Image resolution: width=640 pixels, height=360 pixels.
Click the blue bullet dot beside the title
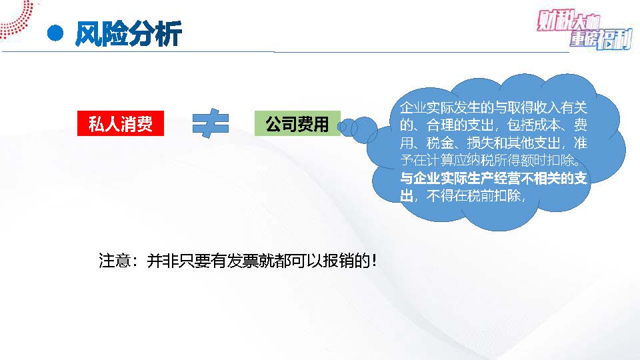point(55,33)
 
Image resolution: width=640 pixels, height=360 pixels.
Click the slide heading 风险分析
point(128,33)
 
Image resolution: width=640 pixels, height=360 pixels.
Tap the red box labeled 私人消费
point(121,123)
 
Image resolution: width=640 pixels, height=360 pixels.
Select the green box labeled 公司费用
point(297,123)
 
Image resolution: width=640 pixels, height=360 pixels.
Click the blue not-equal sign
point(210,123)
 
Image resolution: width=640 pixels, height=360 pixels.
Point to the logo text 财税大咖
point(568,21)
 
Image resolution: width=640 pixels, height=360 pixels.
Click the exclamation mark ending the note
point(374,261)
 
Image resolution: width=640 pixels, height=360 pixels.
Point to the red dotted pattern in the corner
point(15,19)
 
